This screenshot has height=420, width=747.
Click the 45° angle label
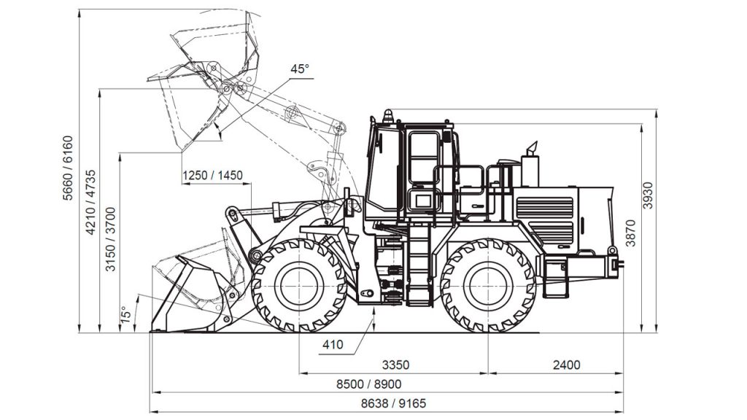click(x=300, y=69)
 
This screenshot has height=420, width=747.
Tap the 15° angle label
click(x=125, y=315)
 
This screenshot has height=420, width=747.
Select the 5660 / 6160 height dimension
click(x=69, y=168)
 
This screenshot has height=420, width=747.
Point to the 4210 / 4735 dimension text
click(x=90, y=203)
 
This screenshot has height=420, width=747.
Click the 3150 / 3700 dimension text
click(x=111, y=239)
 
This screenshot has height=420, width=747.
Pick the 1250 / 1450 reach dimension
click(x=212, y=175)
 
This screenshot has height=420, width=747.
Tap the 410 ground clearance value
click(x=333, y=344)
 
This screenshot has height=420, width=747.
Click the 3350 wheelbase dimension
click(x=395, y=365)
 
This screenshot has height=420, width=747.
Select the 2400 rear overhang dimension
click(x=566, y=365)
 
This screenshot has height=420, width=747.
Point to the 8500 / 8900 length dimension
click(x=368, y=384)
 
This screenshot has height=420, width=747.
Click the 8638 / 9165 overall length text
click(x=393, y=404)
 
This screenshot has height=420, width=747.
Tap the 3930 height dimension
click(x=649, y=195)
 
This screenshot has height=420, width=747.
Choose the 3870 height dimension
click(x=630, y=233)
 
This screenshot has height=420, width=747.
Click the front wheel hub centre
click(x=298, y=286)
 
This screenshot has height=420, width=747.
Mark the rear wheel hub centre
click(x=488, y=286)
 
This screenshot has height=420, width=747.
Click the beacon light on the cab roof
click(x=389, y=116)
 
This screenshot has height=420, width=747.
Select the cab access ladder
click(x=419, y=265)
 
